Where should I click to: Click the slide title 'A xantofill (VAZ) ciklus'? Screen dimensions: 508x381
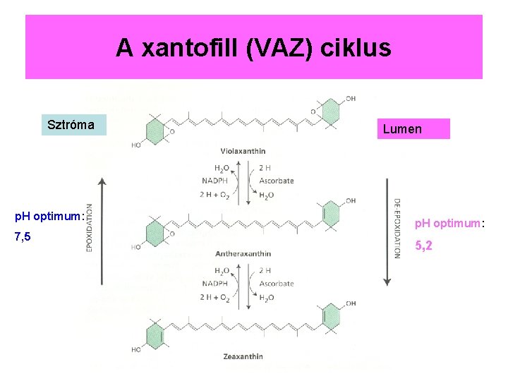pyautogui.click(x=253, y=48)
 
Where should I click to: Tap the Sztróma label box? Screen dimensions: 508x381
pyautogui.click(x=71, y=125)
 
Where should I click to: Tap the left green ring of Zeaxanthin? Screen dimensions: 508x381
pyautogui.click(x=155, y=334)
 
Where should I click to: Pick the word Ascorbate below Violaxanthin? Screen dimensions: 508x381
pyautogui.click(x=277, y=181)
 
